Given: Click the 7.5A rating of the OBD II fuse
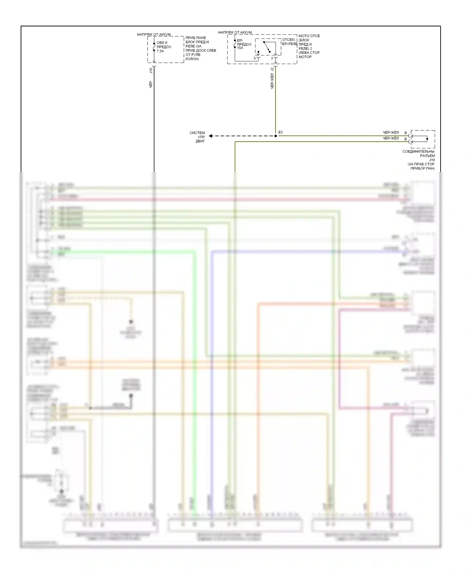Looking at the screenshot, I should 160,51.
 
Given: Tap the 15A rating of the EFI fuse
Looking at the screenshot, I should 240,48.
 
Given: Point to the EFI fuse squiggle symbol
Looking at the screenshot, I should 235,44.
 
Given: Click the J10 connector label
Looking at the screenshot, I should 151,71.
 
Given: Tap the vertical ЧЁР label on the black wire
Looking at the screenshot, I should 151,84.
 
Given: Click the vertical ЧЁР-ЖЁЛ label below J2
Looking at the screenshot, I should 272,81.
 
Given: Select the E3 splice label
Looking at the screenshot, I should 280,132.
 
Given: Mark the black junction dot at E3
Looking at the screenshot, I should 276,136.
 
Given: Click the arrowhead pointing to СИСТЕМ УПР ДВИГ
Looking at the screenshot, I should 211,136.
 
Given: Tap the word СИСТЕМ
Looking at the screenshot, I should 197,133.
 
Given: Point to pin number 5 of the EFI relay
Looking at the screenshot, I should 255,58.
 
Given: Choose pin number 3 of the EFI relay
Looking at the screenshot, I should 272,58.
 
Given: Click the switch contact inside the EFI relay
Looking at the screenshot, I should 267,47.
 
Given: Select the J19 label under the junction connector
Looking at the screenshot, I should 432,160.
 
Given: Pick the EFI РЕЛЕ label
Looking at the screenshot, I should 290,44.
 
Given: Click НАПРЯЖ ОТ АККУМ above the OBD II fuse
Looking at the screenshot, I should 154,34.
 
